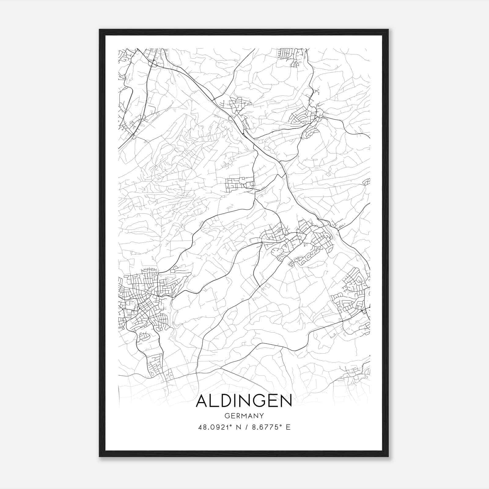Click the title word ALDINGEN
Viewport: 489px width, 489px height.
[x=244, y=401]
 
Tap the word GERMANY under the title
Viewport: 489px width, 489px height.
[x=244, y=416]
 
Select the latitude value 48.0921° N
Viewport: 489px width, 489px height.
[x=218, y=427]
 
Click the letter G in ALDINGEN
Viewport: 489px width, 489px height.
[x=261, y=401]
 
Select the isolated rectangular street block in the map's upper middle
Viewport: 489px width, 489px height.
[x=240, y=183]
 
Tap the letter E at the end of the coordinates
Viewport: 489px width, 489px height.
[x=288, y=427]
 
